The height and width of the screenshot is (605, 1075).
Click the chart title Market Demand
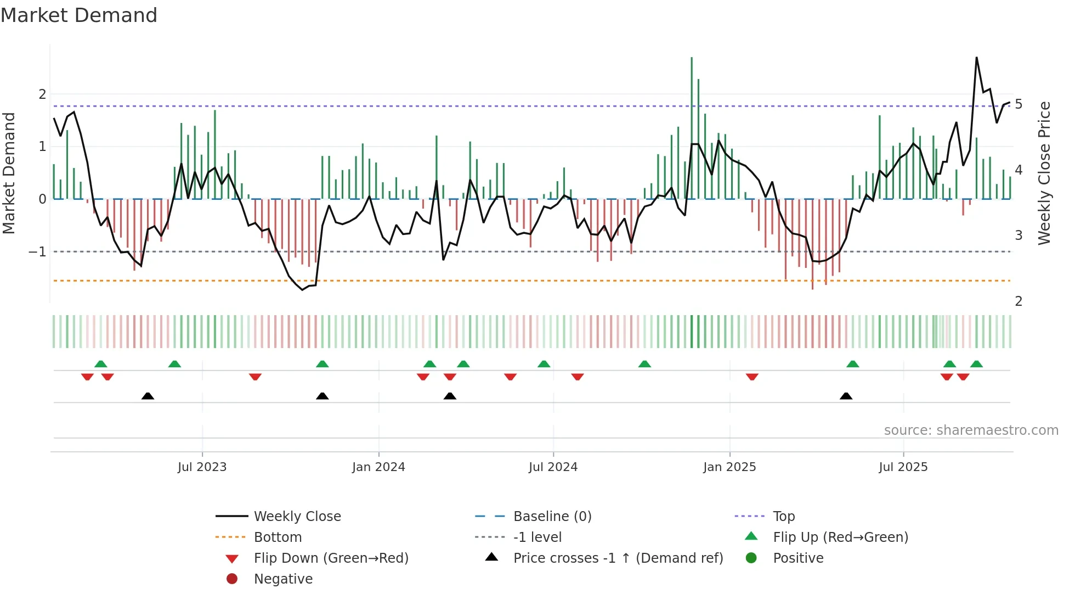point(79,15)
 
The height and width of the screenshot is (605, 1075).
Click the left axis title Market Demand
point(9,173)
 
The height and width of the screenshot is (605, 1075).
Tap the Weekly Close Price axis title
point(1044,173)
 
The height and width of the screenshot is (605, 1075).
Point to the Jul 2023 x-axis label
point(202,467)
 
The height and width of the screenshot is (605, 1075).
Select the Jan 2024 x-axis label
point(378,467)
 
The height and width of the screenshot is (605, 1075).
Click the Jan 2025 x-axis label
point(729,467)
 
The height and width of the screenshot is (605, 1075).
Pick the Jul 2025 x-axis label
point(903,467)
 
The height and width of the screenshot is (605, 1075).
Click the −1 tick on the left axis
point(38,252)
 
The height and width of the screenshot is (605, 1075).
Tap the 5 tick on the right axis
point(1019,104)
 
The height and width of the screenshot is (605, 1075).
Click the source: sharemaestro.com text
point(971,430)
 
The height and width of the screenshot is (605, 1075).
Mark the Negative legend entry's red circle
point(232,579)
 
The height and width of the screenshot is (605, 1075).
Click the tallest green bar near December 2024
point(692,126)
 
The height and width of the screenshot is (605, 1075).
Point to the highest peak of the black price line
point(977,58)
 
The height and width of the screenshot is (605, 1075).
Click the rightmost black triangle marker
point(846,396)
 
